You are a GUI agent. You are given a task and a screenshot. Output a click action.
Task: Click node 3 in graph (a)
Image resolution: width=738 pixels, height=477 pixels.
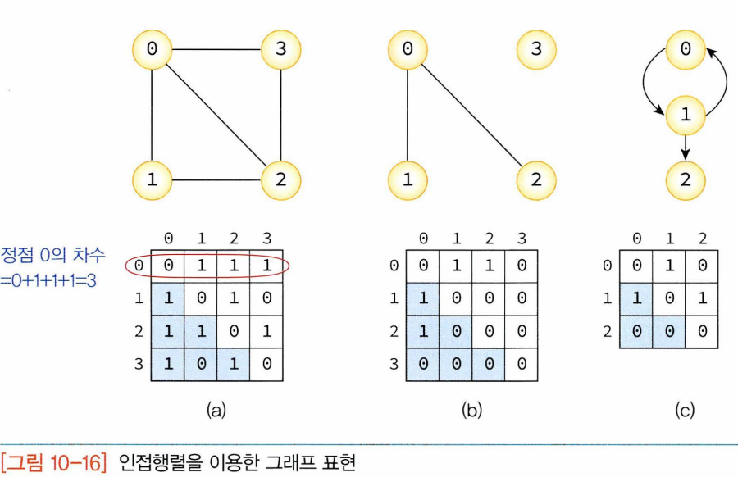[281, 49]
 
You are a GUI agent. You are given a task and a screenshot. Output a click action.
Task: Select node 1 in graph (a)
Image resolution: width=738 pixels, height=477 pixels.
[152, 179]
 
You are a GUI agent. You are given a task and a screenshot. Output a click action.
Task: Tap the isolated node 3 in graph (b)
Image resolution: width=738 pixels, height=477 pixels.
[536, 49]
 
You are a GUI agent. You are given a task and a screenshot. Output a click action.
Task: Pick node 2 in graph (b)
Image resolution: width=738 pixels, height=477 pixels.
[536, 179]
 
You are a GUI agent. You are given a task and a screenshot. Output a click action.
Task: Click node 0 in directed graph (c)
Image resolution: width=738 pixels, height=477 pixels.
[686, 49]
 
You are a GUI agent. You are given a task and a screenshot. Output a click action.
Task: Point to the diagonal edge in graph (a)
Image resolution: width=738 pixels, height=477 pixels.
[216, 115]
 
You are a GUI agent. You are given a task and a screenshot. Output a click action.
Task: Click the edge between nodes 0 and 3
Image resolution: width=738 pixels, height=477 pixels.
[216, 49]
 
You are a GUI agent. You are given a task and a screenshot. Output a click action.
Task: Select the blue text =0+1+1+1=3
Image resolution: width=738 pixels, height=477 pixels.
[52, 280]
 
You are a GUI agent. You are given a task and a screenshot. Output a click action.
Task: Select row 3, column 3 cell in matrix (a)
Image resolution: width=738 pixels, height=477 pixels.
[266, 364]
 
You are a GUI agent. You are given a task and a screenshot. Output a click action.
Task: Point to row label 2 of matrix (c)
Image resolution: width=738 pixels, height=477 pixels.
[607, 332]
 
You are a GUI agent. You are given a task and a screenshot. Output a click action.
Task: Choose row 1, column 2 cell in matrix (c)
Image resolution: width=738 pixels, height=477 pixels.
[702, 299]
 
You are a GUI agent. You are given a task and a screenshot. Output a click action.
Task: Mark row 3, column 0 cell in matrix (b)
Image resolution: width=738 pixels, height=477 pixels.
[423, 364]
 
